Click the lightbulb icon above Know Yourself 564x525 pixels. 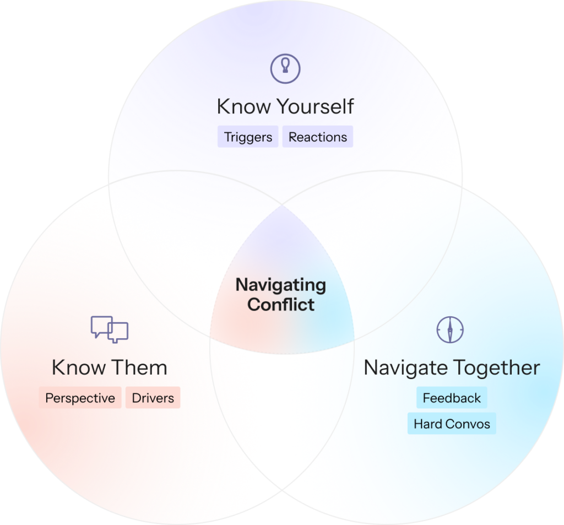point(285,69)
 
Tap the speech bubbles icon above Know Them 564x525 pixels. point(110,329)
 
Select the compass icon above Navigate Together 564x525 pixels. point(450,329)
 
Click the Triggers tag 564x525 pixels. point(248,137)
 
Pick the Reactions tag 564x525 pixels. point(318,137)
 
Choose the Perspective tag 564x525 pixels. point(80,398)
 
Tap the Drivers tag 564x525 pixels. point(153,398)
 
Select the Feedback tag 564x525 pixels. point(452,398)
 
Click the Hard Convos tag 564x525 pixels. point(452,424)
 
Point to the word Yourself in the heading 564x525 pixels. point(315,106)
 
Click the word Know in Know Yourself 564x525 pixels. point(244,106)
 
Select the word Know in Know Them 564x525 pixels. point(79,367)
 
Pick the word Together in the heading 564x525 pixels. point(496,368)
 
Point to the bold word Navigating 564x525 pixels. point(281,285)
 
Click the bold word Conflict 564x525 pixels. point(281,305)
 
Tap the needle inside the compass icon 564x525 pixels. point(450,329)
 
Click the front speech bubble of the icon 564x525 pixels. point(118,332)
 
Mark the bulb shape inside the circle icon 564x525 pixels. point(285,66)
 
